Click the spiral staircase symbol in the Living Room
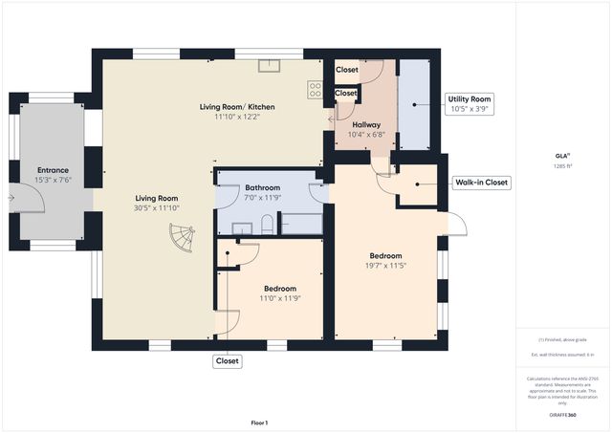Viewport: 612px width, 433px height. (x=179, y=236)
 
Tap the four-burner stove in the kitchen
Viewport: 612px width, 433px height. (x=314, y=89)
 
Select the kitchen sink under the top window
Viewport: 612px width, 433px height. (x=269, y=66)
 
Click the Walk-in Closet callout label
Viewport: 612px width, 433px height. (x=482, y=183)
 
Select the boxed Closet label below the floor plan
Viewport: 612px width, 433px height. (x=228, y=361)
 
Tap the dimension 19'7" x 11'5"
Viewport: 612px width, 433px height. (x=386, y=267)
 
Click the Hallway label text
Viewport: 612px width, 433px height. (x=366, y=125)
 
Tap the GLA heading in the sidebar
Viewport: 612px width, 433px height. (x=562, y=155)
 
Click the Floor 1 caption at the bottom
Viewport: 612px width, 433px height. (x=259, y=422)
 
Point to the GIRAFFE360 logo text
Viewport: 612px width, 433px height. (x=562, y=416)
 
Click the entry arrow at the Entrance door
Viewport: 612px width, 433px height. (x=11, y=198)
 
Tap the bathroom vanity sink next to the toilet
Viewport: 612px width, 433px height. (x=243, y=227)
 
